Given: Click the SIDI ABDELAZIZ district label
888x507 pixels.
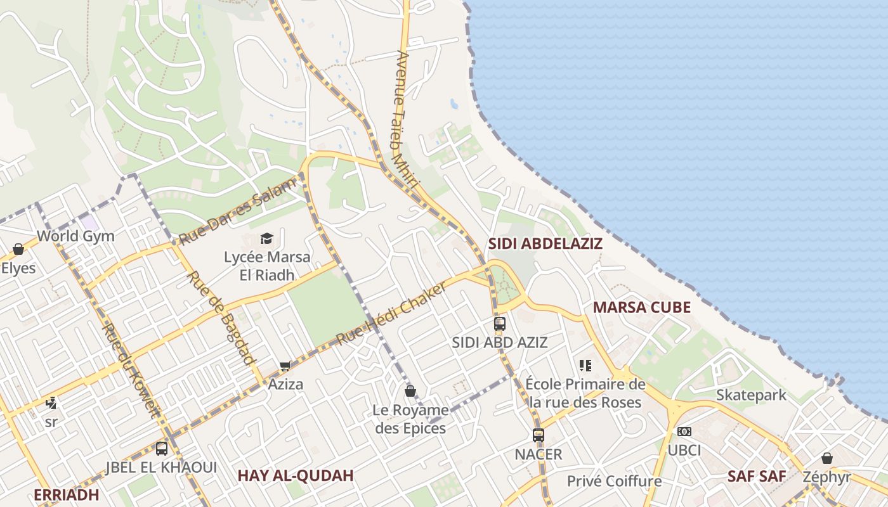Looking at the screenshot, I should coord(545,243).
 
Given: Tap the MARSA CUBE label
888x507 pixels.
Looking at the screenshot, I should coord(641,307).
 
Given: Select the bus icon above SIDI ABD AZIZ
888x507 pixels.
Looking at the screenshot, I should coord(500,324).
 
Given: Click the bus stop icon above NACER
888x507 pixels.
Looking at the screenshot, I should coord(539,435).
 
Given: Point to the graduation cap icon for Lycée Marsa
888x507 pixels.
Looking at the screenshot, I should coord(266,239).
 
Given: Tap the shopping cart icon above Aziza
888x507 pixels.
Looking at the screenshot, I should coord(285,366).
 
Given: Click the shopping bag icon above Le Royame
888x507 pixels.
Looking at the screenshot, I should coord(410,391).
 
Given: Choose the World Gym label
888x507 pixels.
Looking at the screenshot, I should coord(75,236).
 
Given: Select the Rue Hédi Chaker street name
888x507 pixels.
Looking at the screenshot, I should coord(391,314).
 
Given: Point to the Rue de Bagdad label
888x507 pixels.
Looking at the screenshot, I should coord(222,318).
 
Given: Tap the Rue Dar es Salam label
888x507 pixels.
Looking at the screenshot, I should coord(237,212).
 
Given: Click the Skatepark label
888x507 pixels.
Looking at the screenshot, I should coord(751,395).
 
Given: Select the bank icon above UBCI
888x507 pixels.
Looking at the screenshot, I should coord(684,432).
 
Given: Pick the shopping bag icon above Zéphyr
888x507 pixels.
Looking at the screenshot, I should coord(827,458).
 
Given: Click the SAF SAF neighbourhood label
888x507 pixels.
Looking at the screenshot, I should coord(757,477).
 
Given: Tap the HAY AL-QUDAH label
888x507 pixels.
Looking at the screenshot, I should coord(295,476).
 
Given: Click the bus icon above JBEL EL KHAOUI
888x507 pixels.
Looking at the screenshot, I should coord(162,449).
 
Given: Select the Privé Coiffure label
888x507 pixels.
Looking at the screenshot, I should coord(613,481).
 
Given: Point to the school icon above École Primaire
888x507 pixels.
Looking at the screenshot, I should coord(585,366).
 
